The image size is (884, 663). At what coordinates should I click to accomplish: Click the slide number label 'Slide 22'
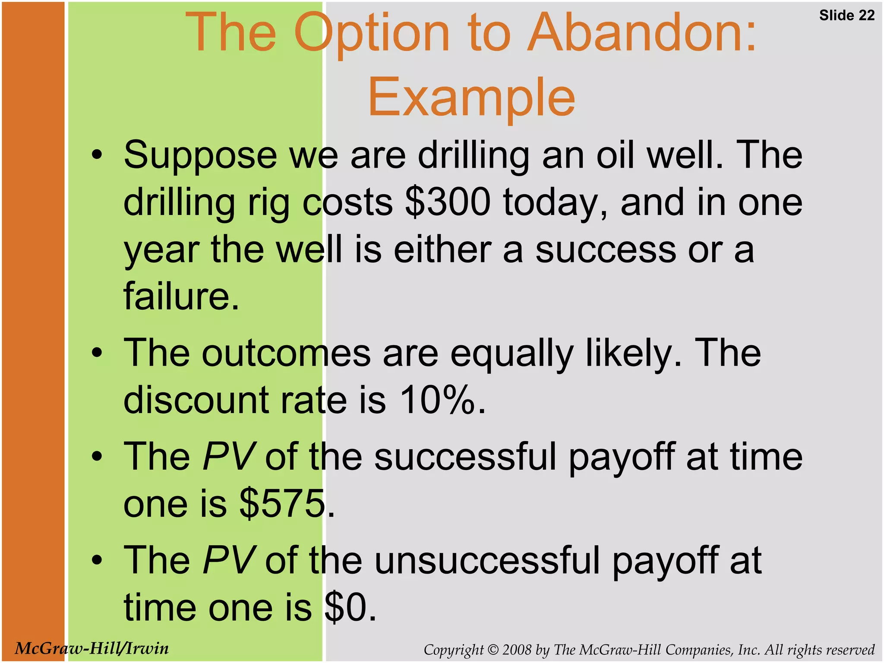(x=846, y=16)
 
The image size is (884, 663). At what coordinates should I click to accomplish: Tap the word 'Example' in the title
(x=471, y=98)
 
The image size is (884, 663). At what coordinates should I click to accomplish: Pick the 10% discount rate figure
(x=437, y=400)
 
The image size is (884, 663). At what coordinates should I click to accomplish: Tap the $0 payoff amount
(x=346, y=607)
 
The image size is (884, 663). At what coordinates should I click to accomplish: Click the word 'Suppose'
(x=200, y=155)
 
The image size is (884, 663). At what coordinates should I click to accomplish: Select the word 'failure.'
(x=181, y=296)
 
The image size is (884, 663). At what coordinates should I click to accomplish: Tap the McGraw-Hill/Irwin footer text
(x=92, y=648)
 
